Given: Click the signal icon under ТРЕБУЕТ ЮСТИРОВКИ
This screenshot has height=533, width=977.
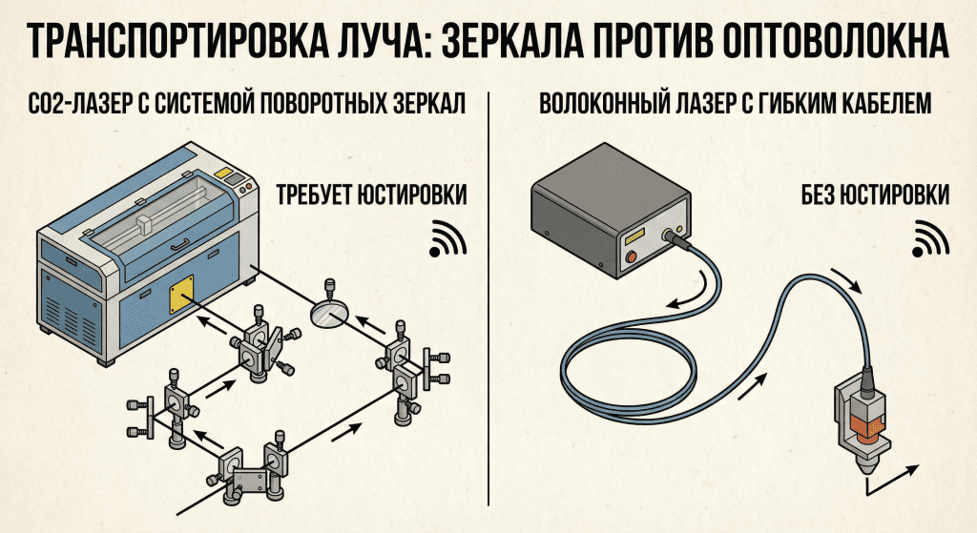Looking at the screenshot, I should (x=447, y=238).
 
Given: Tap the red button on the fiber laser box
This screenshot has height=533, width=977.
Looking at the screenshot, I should (x=631, y=258).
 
